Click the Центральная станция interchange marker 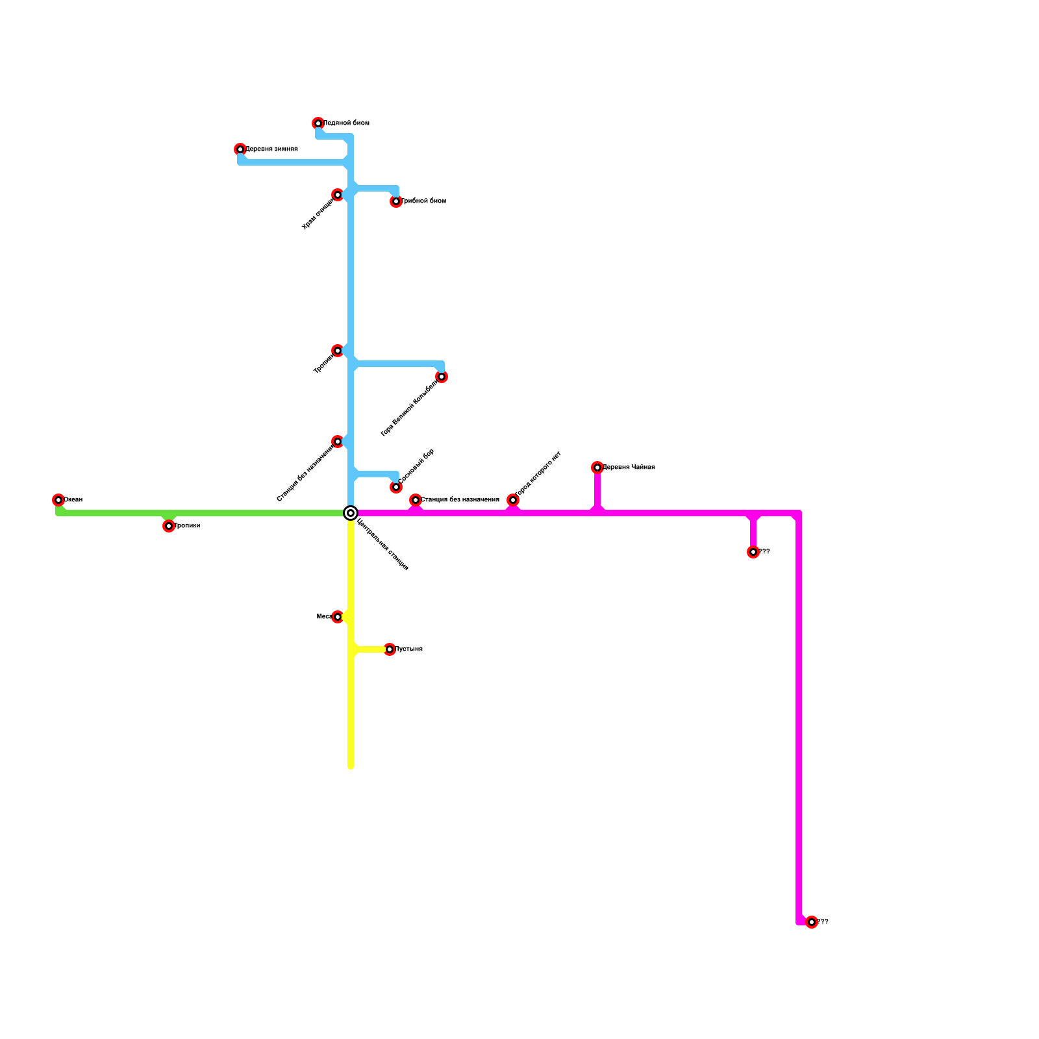351,513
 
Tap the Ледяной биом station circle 318,123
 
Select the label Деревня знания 271,149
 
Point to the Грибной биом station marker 396,201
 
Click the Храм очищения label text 318,214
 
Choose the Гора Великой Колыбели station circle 442,377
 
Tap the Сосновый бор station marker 396,487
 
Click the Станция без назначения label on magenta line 460,500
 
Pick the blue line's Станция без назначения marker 338,442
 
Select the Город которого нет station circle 513,500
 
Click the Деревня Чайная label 629,468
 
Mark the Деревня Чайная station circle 597,468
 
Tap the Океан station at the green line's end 58,500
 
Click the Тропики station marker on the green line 169,526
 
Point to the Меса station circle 338,617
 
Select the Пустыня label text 409,649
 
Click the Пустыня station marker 390,649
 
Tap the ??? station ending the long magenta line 812,922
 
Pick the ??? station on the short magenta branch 753,552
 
